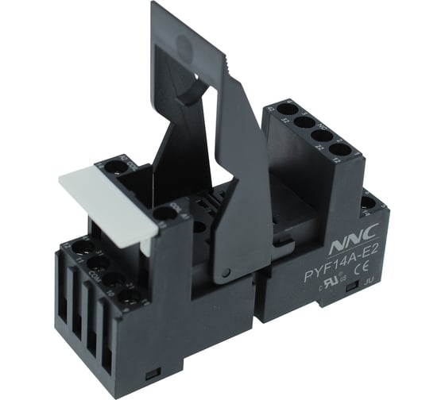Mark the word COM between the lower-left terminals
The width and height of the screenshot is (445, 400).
coord(95,272)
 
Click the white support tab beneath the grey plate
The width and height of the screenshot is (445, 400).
coord(145,241)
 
